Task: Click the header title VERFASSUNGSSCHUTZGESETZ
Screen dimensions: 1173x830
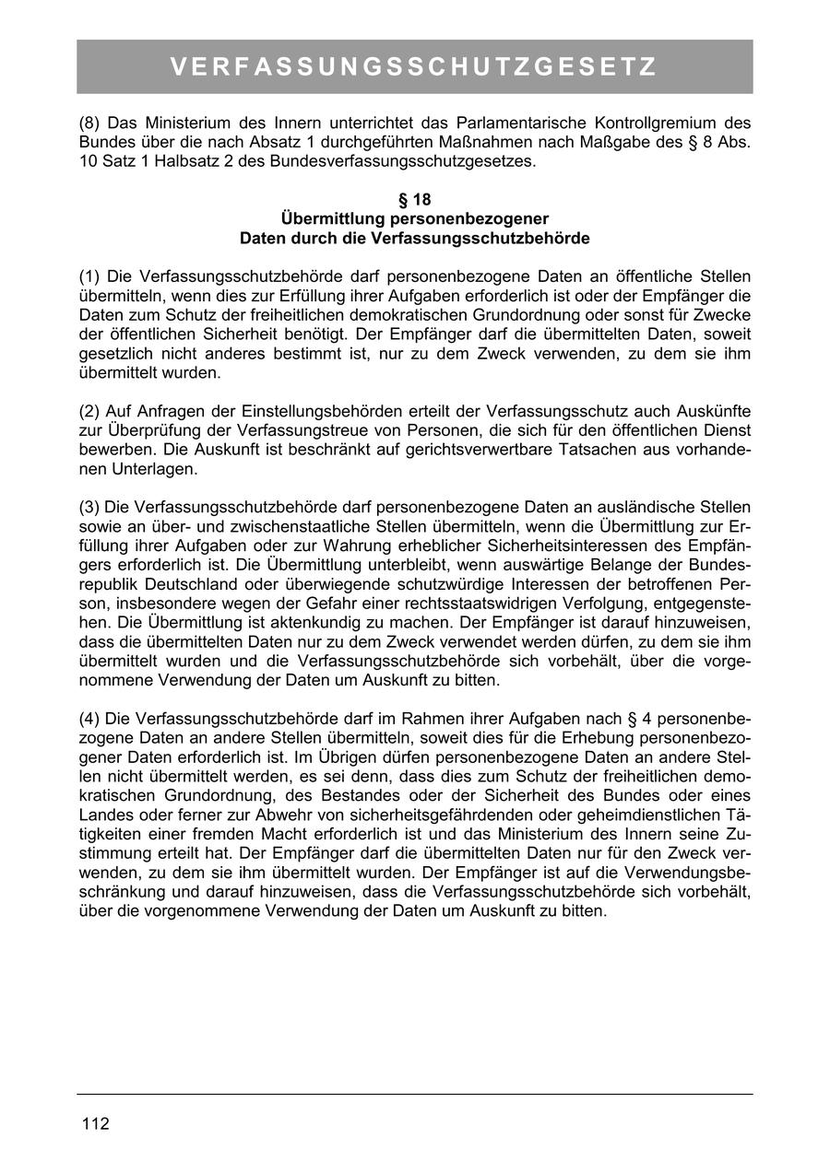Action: point(414,67)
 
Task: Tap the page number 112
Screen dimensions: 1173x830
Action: point(95,1124)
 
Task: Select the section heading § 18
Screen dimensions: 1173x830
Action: point(414,199)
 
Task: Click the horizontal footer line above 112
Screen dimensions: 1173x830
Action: point(414,1094)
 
